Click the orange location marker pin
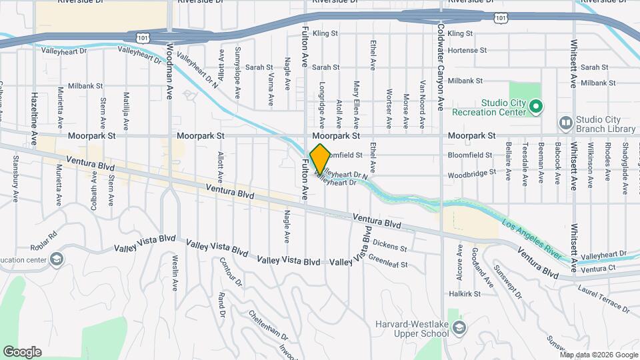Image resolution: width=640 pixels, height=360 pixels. pos(320,159)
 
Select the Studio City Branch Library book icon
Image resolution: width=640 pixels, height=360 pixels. pos(566,123)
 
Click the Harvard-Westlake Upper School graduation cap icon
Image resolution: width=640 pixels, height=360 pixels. pos(459,327)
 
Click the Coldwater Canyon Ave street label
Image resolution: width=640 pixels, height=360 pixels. pos(441,67)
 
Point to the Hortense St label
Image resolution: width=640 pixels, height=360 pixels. pos(465,50)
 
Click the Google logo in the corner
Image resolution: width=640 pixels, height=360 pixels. pos(22,352)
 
